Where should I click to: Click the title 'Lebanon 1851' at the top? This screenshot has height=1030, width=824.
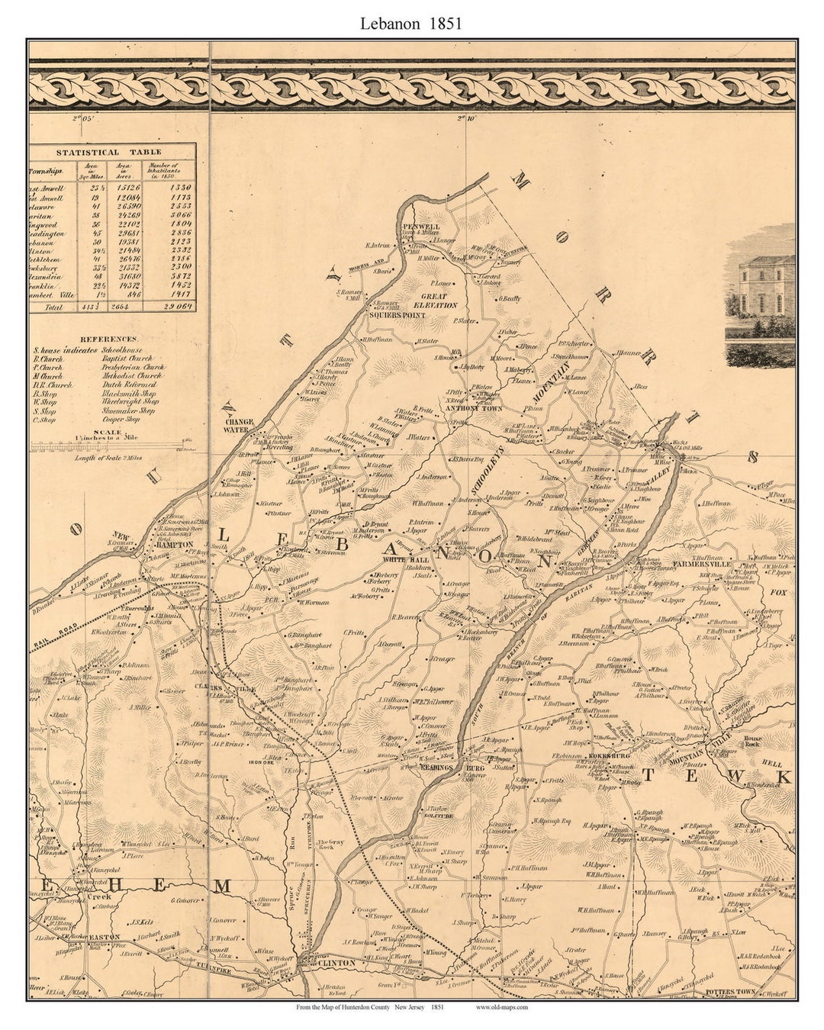[411, 24]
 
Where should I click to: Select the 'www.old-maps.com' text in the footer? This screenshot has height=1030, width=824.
[501, 1007]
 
